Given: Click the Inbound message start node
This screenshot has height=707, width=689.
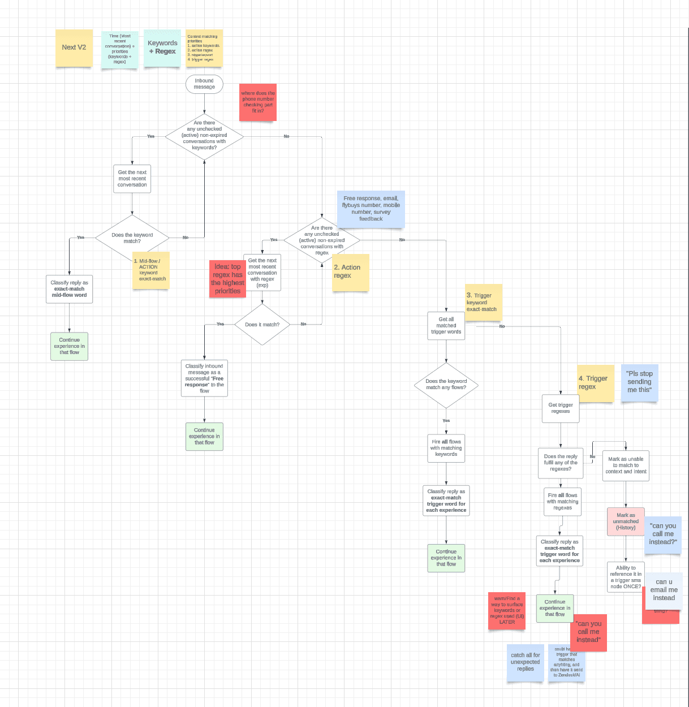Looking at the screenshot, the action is (x=204, y=84).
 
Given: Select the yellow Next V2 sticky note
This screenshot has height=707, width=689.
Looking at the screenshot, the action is (x=74, y=48).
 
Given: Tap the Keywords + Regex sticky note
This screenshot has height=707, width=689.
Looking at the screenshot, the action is (x=162, y=48).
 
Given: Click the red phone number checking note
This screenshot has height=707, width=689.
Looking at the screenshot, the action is (x=258, y=102).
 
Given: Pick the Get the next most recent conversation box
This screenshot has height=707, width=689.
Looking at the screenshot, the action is (x=132, y=179).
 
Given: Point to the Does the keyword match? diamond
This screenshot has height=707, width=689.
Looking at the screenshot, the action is (x=132, y=238).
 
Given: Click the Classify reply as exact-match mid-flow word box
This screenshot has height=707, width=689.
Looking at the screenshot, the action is (x=69, y=289).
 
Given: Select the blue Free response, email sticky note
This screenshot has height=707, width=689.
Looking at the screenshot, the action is (x=371, y=209).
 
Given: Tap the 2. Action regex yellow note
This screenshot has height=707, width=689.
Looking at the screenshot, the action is (x=351, y=273).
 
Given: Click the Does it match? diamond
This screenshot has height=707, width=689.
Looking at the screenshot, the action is (x=262, y=325).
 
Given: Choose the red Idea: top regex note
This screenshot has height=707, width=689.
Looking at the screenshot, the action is (x=227, y=279).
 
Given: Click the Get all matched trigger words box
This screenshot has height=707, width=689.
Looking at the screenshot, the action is (x=446, y=326).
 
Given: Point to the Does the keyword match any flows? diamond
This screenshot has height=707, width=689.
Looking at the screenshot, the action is (x=446, y=385).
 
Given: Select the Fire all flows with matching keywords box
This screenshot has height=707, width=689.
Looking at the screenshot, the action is (x=446, y=448).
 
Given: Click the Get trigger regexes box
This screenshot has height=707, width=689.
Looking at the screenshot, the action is (x=560, y=408).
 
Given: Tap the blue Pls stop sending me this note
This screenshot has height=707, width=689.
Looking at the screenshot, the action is (x=639, y=382).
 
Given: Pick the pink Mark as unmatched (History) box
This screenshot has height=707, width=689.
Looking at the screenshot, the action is (x=626, y=521).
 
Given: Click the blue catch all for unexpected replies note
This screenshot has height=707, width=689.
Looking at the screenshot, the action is (x=526, y=662).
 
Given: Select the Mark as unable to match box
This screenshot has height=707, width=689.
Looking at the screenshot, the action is (x=626, y=465).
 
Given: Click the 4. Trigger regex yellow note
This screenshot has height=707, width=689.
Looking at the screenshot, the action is (x=595, y=383).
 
